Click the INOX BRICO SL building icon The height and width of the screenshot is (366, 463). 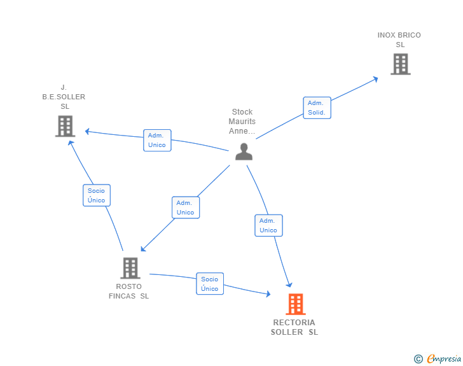tap(400, 64)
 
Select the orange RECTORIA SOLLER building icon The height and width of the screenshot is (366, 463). tap(295, 304)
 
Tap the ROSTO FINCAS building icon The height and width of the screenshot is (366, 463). tap(130, 268)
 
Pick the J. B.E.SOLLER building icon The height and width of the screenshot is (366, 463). tap(65, 126)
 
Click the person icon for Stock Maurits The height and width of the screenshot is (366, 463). tap(244, 151)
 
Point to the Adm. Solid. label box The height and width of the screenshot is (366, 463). tap(316, 108)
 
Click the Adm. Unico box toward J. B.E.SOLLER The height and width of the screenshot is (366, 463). tap(156, 140)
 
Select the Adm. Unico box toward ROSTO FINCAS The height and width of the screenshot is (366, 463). tap(185, 208)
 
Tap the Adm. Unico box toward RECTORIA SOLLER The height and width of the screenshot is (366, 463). tap(268, 225)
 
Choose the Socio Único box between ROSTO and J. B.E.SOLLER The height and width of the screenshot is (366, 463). tap(96, 195)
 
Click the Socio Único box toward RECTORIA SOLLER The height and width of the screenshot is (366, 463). tap(209, 284)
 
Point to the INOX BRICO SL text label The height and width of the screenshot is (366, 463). tap(399, 40)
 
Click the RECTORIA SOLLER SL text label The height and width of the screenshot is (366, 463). tap(294, 327)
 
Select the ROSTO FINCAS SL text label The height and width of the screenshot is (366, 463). tap(129, 291)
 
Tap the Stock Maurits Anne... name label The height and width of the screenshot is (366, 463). tap(242, 122)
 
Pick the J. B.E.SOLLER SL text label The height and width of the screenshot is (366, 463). tap(64, 97)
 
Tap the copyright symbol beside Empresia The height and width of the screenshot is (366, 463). tap(418, 359)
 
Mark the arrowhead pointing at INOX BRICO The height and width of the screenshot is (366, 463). tap(375, 79)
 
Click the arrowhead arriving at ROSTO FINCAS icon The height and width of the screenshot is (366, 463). tap(143, 248)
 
